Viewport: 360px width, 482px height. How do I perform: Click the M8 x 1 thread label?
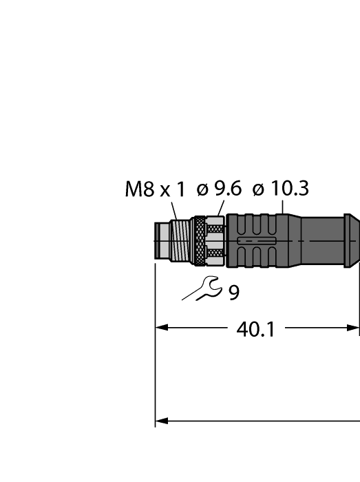[x=155, y=190]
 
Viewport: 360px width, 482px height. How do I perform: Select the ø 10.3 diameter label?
[x=280, y=189]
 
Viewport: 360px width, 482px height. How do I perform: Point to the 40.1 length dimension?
[x=255, y=329]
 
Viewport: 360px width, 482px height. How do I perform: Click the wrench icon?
[x=200, y=289]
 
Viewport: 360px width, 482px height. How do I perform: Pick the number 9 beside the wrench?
[x=234, y=293]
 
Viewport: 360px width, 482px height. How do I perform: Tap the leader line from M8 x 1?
[x=175, y=210]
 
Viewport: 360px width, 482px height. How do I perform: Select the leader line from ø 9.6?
[x=219, y=209]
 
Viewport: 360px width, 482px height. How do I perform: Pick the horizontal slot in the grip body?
[x=255, y=241]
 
